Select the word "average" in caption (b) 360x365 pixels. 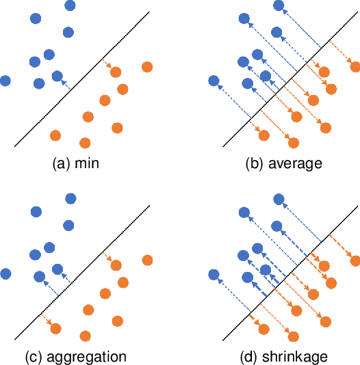tap(294, 163)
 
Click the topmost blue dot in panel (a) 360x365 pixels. tap(70, 5)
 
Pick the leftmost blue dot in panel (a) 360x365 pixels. tap(5, 81)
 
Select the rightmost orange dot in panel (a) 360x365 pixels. tap(146, 67)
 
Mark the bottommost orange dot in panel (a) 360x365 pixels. tap(85, 143)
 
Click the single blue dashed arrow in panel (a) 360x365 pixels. tap(65, 85)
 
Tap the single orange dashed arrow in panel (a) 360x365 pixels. tap(107, 64)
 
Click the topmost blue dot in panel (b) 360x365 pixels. tap(278, 5)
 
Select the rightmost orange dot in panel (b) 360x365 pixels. tap(355, 67)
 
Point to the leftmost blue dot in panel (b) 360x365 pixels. tap(214, 81)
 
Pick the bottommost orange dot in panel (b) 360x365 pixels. tap(293, 143)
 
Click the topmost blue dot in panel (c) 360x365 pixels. tap(70, 199)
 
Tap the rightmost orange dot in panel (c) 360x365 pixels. tap(146, 260)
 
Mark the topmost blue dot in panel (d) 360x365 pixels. tap(278, 199)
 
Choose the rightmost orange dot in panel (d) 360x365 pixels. tap(355, 260)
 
